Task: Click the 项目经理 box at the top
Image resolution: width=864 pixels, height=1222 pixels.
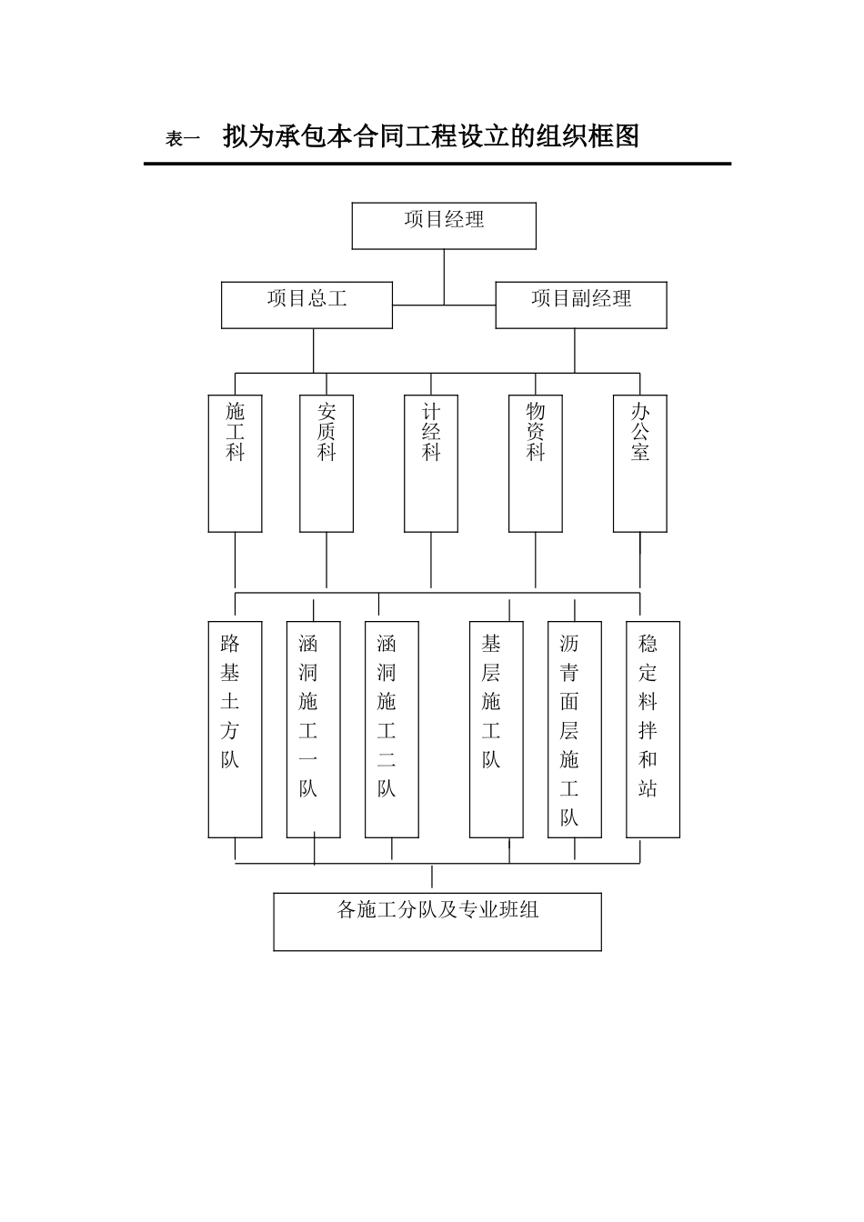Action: (444, 225)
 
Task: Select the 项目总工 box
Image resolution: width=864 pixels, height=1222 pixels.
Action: (306, 305)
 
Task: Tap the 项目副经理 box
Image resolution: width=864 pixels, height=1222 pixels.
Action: (580, 305)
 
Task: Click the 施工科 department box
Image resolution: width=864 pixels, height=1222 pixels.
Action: (235, 463)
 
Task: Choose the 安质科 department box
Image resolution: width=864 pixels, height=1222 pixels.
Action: (327, 463)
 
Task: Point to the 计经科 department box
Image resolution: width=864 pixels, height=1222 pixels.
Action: (431, 463)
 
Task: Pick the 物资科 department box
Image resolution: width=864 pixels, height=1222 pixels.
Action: (535, 463)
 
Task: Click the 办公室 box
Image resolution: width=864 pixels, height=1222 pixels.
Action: (639, 463)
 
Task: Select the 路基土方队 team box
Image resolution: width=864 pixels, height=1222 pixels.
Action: (235, 729)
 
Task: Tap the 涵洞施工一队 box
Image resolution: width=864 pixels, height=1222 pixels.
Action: (313, 729)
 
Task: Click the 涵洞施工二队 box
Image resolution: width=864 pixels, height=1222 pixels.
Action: (391, 729)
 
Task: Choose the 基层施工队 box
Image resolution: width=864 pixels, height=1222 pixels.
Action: (496, 729)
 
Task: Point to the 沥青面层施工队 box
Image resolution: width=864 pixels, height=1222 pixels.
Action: (574, 729)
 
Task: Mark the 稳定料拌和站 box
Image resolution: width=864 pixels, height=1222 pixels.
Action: (652, 729)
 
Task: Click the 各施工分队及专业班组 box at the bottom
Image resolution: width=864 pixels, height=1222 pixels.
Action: (437, 921)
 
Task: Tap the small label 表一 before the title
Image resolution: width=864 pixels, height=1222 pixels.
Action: (182, 139)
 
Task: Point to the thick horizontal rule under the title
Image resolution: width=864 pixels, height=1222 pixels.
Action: (437, 164)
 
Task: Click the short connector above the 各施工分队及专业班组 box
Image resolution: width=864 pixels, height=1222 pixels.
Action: (431, 877)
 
